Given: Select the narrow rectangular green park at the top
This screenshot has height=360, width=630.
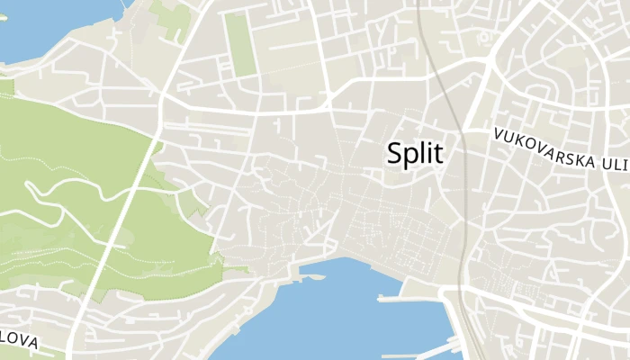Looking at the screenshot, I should [238, 42].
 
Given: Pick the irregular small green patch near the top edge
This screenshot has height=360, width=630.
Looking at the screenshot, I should [171, 13].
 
